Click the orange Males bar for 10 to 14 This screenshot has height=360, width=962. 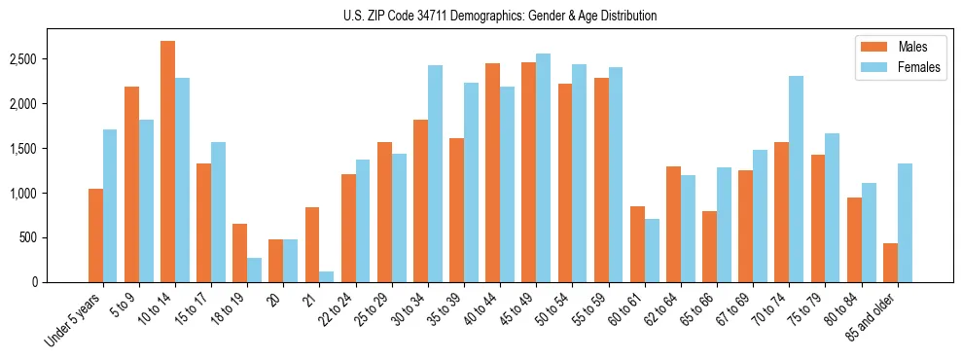point(167,162)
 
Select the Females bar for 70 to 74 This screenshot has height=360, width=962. point(797,179)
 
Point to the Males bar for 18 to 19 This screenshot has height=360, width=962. point(239,253)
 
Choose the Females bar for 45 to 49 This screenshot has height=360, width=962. point(544,167)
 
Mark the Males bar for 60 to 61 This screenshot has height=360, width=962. point(637,244)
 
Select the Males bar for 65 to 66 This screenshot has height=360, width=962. point(710,246)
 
